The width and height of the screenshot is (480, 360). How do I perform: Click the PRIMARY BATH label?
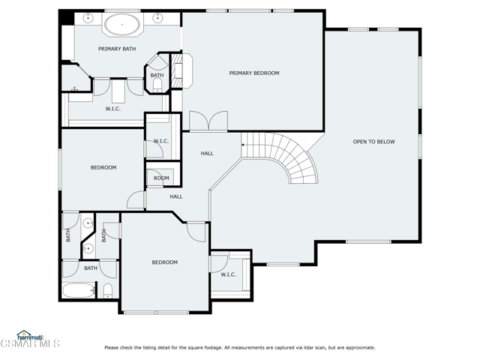pos(117,49)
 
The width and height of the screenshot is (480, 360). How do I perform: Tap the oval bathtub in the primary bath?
pos(121,25)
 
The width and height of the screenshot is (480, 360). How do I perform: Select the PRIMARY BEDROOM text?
pos(254,73)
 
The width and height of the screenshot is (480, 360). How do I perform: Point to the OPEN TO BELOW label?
pos(373,142)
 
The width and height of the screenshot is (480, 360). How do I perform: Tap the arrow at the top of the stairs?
pos(244,144)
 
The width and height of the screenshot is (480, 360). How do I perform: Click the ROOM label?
pos(161,178)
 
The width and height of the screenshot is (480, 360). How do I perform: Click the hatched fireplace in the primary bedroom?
pos(178,71)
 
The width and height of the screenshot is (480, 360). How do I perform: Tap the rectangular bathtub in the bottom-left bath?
pos(78,289)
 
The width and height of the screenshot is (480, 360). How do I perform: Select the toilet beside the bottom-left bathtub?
pos(107,291)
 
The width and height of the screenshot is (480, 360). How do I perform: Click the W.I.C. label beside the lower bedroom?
pos(228,274)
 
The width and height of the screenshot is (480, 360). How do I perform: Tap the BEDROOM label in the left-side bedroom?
pos(103,167)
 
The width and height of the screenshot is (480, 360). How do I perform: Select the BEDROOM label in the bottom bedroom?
pos(165,262)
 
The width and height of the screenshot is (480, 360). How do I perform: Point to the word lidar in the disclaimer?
pos(307,347)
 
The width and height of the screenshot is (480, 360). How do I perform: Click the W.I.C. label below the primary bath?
pos(113,109)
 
